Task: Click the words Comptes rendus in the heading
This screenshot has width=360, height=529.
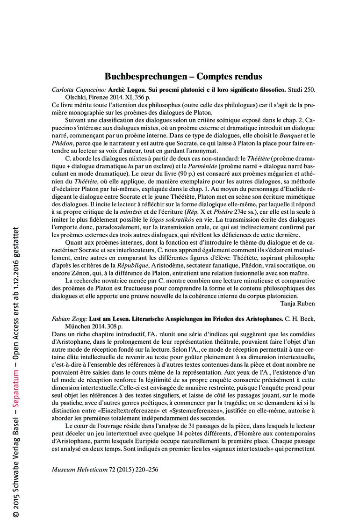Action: pyautogui.click(x=229, y=76)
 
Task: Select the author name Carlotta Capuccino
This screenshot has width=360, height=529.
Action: pyautogui.click(x=79, y=89)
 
